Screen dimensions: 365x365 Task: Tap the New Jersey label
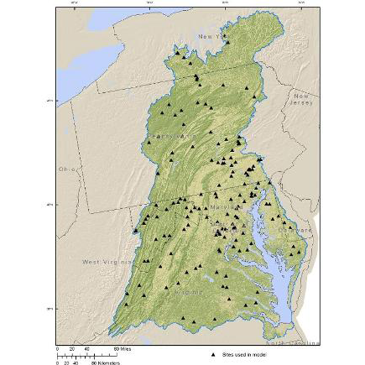click(300, 100)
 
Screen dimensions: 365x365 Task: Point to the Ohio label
click(66, 169)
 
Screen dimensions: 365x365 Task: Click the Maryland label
click(219, 205)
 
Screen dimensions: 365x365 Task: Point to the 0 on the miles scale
click(58, 348)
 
